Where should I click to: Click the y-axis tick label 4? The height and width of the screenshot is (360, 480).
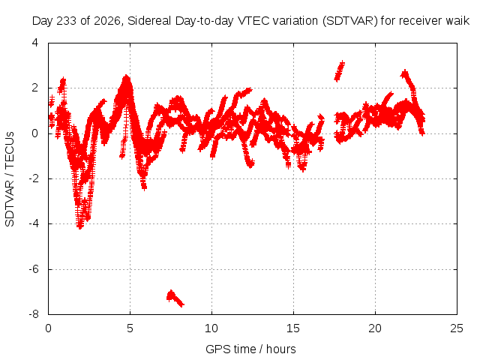click(x=35, y=43)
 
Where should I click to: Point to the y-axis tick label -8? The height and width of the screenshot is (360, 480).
click(x=34, y=314)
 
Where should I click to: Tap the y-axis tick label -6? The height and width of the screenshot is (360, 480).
click(x=34, y=269)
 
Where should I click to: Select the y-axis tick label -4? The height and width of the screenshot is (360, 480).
click(x=34, y=223)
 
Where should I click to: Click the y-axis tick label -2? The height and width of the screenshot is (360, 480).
click(x=34, y=178)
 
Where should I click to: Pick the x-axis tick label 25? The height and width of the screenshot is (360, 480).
click(x=457, y=328)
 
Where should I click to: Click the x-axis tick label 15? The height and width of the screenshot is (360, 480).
click(x=293, y=328)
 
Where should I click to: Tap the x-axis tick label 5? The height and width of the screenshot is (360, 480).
click(x=130, y=328)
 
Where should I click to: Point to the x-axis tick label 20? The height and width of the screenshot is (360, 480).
click(x=375, y=328)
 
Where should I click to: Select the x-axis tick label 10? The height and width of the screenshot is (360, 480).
click(x=211, y=328)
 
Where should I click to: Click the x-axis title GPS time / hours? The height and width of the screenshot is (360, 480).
click(x=250, y=349)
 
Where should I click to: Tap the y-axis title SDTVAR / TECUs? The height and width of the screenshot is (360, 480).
click(x=10, y=179)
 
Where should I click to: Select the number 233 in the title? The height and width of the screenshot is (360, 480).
click(x=68, y=21)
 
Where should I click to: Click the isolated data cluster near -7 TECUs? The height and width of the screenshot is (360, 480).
click(x=175, y=298)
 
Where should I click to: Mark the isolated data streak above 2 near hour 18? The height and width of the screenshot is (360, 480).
click(x=340, y=71)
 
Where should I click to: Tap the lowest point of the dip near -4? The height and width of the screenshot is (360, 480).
click(x=80, y=227)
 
